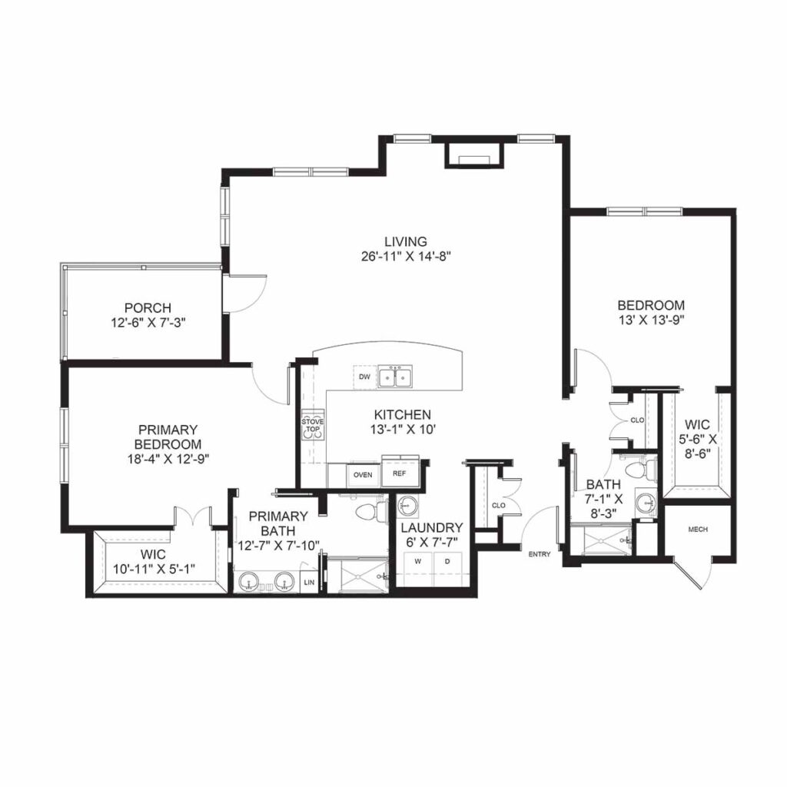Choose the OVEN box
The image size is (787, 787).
pos(362,475)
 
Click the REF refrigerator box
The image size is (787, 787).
pos(399,473)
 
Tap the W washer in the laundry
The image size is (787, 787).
pos(418,562)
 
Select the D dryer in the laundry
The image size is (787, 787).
pos(447,562)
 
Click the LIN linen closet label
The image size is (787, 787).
pos(309,583)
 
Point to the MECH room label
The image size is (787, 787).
pos(697,530)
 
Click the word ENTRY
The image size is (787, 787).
pos(540,553)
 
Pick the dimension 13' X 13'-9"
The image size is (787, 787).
pos(651,319)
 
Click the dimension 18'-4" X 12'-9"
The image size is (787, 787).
pos(170,458)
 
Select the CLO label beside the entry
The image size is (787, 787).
pos(498,506)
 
